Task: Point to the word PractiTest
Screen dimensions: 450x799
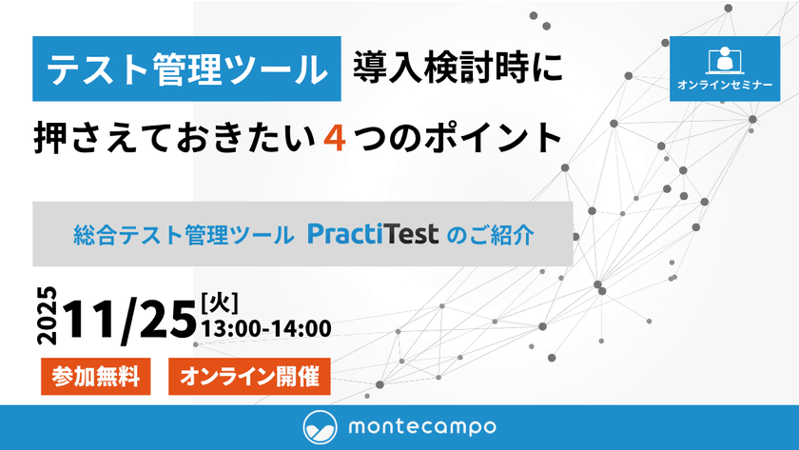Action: tap(372, 233)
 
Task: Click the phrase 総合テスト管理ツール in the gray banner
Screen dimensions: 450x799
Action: tap(183, 234)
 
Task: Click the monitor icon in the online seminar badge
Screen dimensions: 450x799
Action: tap(725, 60)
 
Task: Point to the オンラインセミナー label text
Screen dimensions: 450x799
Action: tap(725, 86)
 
